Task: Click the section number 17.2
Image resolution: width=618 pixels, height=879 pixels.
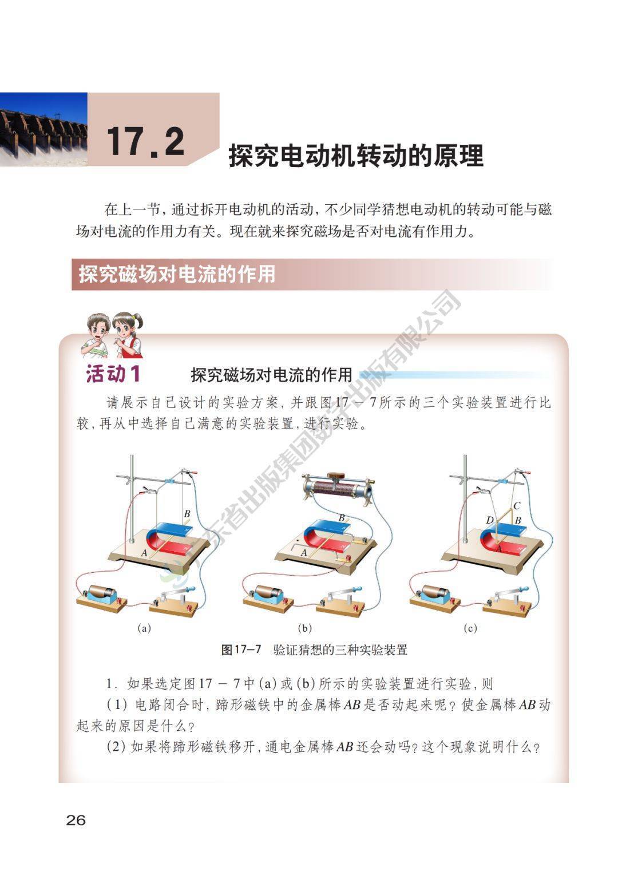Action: point(145,141)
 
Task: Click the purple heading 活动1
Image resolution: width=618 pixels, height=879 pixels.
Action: point(113,373)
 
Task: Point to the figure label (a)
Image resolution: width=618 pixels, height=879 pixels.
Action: point(144,628)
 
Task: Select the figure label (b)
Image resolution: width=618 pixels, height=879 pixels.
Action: point(304,628)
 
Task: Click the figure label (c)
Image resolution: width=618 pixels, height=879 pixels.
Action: point(470,628)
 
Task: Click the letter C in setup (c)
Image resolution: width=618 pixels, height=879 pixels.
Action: point(517,506)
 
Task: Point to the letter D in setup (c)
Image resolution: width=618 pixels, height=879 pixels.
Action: point(490,520)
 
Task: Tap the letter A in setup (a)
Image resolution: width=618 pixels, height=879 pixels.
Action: point(144,553)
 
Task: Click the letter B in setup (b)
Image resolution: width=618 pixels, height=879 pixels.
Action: point(342,518)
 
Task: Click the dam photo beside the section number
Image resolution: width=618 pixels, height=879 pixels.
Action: point(43,129)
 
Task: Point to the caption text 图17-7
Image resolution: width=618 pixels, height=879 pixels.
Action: point(240,650)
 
